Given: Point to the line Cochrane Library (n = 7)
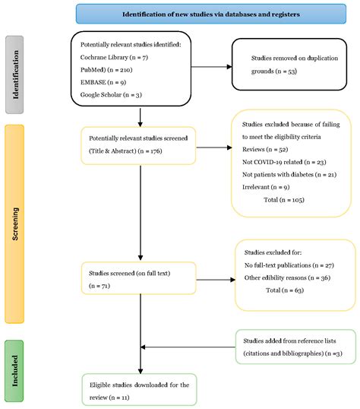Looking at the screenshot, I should [x=115, y=57].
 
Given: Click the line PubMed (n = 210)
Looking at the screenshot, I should [x=109, y=69].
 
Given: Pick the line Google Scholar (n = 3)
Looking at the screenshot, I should [x=112, y=94].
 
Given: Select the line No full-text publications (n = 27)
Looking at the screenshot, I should [x=291, y=265].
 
